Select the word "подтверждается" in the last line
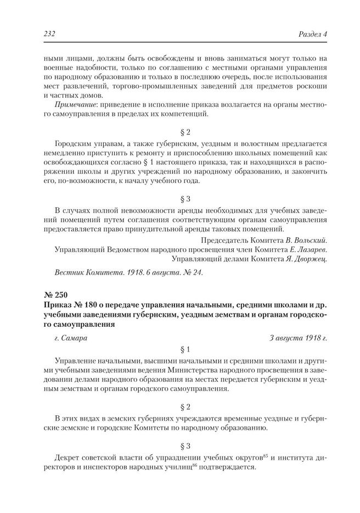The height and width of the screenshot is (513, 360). click(227, 467)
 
